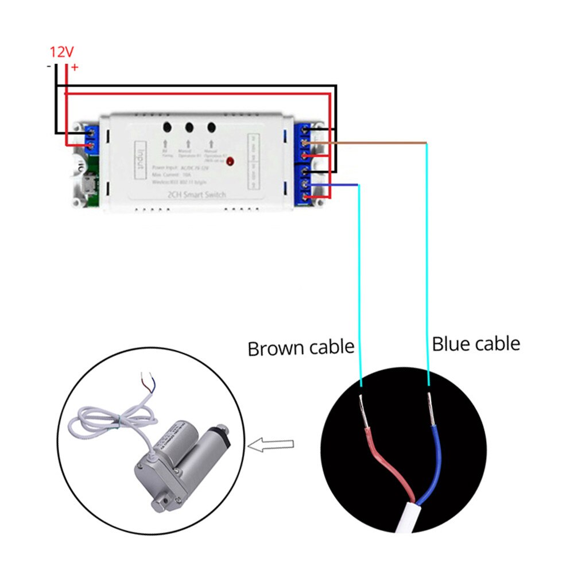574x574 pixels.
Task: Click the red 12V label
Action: pyautogui.click(x=61, y=52)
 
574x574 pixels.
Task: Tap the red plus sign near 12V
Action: pyautogui.click(x=75, y=68)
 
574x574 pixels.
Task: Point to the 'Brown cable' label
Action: pyautogui.click(x=300, y=348)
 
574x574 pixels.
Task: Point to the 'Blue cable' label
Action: pyautogui.click(x=475, y=344)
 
